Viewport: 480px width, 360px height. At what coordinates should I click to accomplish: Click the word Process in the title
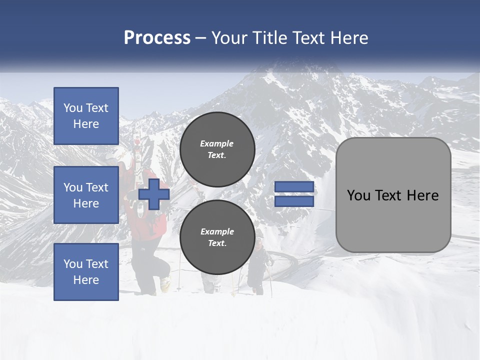(157, 38)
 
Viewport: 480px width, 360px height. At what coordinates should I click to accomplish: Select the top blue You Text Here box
(86, 116)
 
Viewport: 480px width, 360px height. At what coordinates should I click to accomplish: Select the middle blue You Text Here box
(86, 195)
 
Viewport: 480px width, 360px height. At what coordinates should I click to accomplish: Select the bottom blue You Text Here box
(86, 272)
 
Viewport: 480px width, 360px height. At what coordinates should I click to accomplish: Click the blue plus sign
(154, 194)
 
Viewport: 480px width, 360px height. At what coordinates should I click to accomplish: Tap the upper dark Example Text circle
(217, 149)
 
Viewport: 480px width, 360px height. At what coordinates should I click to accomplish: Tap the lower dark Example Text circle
(217, 237)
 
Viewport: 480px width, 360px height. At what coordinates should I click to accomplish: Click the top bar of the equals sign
(294, 187)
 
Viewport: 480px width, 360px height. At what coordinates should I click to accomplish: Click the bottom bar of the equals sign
(294, 201)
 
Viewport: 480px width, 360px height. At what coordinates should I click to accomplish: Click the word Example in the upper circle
(217, 143)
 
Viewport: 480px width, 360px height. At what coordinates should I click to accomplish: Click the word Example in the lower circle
(217, 231)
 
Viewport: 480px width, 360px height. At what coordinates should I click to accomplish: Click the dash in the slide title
(201, 38)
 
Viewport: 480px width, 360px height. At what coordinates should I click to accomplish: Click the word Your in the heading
(229, 38)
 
